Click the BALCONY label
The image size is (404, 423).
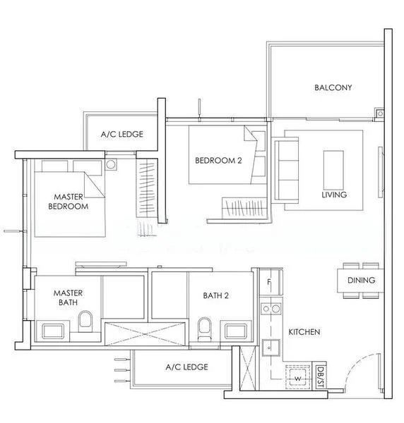coord(333,88)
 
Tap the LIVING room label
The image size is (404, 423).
coord(334,195)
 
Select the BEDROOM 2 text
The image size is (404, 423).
coord(219,161)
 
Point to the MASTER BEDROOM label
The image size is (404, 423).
coord(68,202)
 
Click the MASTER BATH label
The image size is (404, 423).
coord(68,297)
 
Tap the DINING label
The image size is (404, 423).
coord(361,281)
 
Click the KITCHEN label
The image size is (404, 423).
coord(304,331)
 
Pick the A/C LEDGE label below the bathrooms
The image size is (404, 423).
coord(186,367)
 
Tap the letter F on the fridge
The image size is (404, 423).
coord(269,283)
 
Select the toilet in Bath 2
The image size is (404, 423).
coord(205,327)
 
